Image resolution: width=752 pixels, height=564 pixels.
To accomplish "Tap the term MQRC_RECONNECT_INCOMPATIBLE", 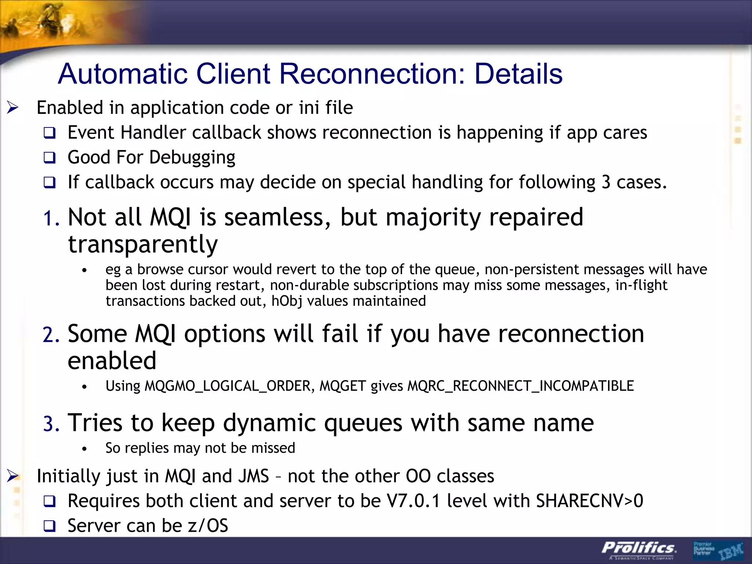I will tap(521, 386).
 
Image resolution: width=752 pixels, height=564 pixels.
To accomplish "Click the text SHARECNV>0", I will tap(589, 501).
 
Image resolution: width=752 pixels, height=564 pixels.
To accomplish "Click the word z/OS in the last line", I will tap(208, 525).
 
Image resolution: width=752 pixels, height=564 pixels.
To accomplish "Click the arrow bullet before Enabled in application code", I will tap(13, 108).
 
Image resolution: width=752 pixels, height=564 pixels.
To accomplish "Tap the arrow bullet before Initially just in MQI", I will tap(13, 476).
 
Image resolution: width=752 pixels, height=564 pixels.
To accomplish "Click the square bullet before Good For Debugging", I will tap(49, 158).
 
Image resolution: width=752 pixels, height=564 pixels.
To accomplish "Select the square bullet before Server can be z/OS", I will tap(49, 526).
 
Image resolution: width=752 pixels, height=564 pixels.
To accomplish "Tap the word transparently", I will tap(143, 245).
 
